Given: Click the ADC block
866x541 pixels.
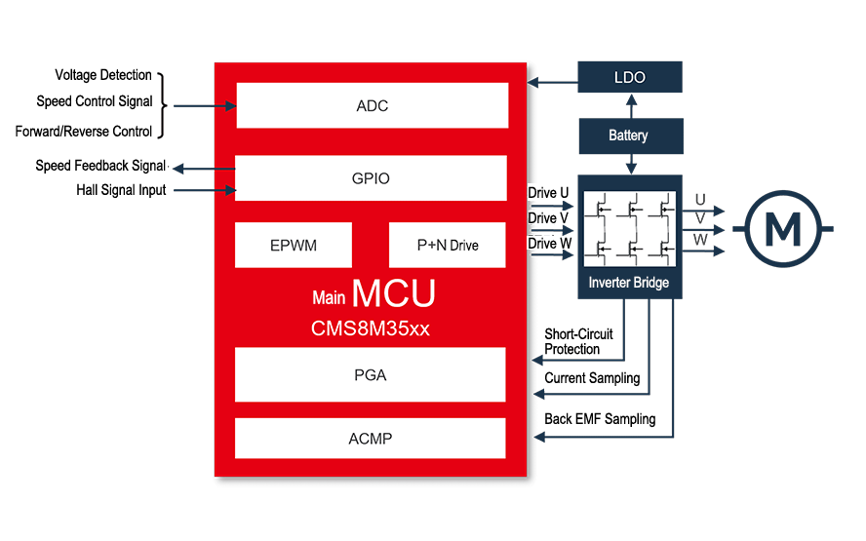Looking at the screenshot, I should click(372, 105).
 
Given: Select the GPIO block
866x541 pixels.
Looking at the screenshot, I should click(371, 178).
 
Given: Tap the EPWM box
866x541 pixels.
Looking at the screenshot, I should click(294, 245).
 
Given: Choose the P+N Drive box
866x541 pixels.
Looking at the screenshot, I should click(447, 245).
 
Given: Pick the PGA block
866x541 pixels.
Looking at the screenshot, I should click(370, 374).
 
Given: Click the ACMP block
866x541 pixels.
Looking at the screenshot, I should click(370, 439).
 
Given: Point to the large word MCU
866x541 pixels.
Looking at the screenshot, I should click(393, 293).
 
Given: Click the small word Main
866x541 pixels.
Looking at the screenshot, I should click(329, 298).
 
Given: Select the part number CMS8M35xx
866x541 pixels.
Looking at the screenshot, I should click(370, 328).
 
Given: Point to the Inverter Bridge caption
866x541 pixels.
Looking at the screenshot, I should click(629, 284).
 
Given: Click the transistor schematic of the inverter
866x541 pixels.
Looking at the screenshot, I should click(629, 229).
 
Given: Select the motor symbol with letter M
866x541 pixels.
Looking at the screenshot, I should click(780, 230).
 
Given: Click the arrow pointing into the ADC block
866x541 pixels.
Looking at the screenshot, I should click(228, 105).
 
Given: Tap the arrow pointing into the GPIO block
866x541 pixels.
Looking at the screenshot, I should click(228, 189).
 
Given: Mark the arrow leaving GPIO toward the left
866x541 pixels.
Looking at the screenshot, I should click(185, 169).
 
